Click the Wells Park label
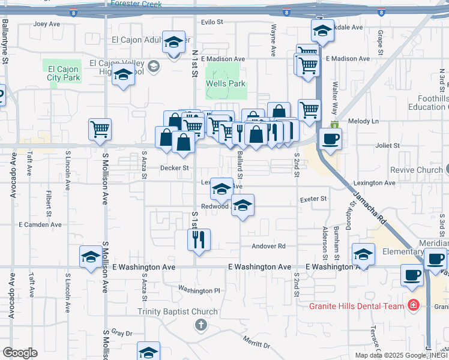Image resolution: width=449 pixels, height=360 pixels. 226,83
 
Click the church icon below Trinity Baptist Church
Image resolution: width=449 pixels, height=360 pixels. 201,325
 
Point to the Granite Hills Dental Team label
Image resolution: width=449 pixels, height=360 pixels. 357,306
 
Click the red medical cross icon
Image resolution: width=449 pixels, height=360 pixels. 413,306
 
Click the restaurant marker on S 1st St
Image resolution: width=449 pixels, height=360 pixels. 198,239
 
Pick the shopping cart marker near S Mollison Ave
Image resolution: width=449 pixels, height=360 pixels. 100,128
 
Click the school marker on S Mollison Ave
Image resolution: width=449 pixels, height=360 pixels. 91,257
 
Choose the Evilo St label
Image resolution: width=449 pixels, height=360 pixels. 212,22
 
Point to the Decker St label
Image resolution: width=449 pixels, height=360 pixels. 174,168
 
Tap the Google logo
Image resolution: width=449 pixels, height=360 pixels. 20,353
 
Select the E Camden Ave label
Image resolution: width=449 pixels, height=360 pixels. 40,224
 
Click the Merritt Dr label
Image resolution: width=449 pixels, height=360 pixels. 257,343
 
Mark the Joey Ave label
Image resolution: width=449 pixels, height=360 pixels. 47,24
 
